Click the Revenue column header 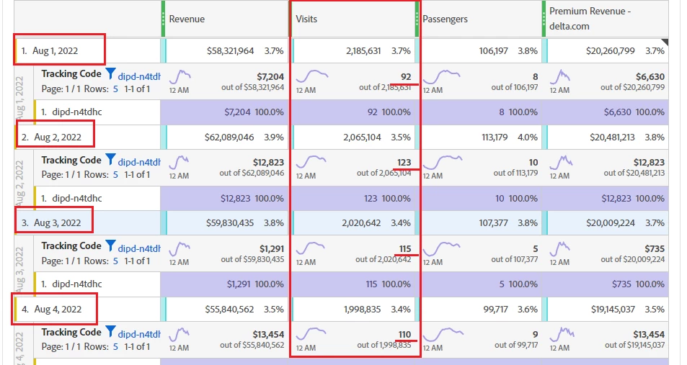tap(187, 19)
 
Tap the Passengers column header tap(446, 19)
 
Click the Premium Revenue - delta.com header tap(590, 19)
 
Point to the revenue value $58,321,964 tap(230, 51)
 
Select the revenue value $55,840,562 tap(230, 309)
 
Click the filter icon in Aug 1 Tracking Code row tap(110, 73)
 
